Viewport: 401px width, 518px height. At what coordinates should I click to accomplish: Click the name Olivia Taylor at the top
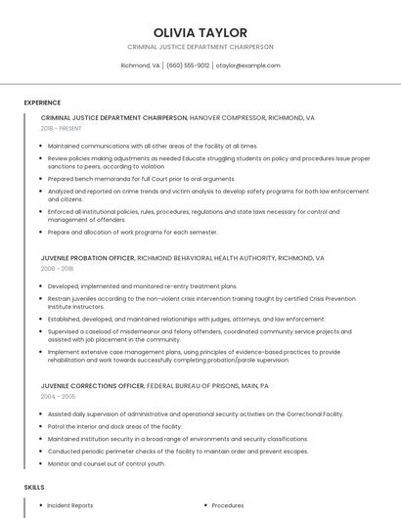(x=200, y=32)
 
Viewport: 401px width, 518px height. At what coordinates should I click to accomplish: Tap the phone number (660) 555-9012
(x=188, y=65)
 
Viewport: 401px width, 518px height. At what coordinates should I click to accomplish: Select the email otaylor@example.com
(x=248, y=65)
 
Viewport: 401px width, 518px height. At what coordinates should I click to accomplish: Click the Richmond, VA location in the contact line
(x=140, y=65)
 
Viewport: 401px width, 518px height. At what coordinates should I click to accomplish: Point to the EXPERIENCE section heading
(x=42, y=102)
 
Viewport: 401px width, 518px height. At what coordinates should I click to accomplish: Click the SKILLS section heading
(x=34, y=486)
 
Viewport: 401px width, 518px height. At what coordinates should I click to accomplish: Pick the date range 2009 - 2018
(x=56, y=267)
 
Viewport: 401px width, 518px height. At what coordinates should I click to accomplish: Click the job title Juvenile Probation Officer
(x=87, y=257)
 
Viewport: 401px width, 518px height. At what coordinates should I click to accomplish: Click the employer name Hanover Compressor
(x=231, y=117)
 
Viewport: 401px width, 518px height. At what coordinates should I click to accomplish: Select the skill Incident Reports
(x=70, y=505)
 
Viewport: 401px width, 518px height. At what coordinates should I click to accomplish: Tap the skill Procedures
(x=228, y=505)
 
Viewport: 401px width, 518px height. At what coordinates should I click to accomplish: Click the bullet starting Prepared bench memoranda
(x=141, y=179)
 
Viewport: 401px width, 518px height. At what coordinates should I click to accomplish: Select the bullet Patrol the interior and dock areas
(x=114, y=426)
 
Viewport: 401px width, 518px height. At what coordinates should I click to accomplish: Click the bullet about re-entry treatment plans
(x=142, y=286)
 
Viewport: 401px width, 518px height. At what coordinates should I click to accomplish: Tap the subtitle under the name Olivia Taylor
(x=200, y=47)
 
